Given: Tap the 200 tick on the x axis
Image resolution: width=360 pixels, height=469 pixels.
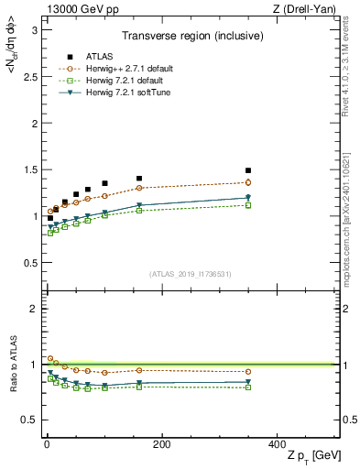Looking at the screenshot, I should (x=161, y=445).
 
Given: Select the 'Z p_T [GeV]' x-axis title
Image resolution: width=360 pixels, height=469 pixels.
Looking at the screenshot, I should (x=309, y=457).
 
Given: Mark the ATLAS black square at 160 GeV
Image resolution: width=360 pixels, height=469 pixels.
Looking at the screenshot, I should (x=139, y=179).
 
